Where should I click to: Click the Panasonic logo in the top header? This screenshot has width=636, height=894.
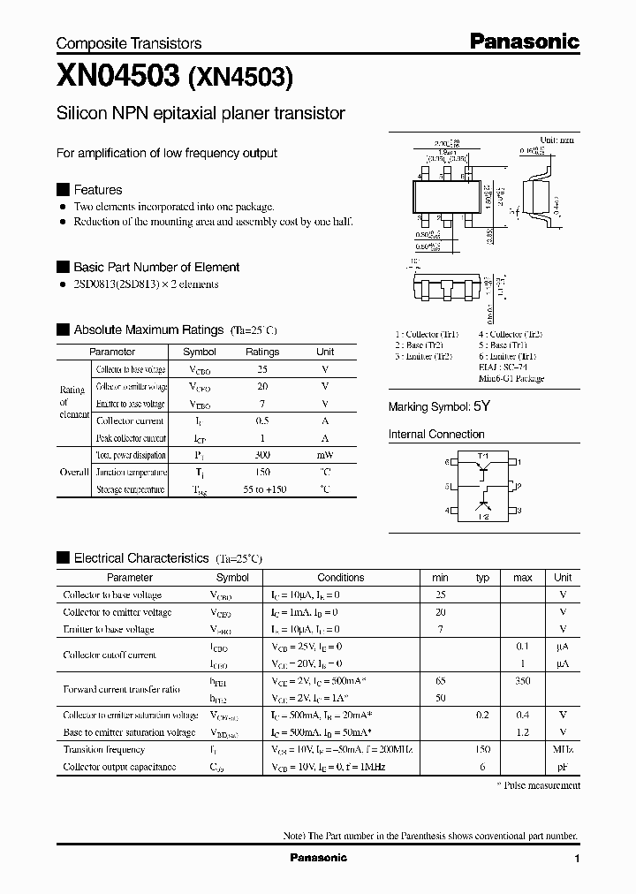click(523, 41)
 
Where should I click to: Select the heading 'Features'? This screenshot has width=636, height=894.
click(97, 190)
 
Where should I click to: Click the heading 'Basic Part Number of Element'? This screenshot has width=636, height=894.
click(155, 267)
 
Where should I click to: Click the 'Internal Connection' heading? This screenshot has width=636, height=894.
click(436, 435)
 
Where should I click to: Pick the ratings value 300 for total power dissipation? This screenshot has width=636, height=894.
click(261, 455)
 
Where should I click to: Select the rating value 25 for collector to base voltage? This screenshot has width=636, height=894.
click(261, 369)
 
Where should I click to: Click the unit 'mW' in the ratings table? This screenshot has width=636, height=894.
click(325, 455)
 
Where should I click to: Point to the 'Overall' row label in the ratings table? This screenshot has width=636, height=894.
click(74, 472)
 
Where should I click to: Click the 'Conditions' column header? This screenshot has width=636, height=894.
click(340, 578)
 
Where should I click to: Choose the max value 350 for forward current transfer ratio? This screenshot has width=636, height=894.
click(522, 681)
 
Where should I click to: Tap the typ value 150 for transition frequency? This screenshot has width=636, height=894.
click(482, 749)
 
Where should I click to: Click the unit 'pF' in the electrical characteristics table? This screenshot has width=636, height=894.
click(562, 767)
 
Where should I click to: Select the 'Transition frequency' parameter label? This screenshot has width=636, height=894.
click(103, 749)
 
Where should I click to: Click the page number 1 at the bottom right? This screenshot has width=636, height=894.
click(577, 859)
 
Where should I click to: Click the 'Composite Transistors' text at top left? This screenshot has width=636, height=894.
click(129, 43)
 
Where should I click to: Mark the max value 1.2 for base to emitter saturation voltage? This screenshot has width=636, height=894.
click(522, 732)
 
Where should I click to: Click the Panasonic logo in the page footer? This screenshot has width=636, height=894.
click(319, 858)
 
